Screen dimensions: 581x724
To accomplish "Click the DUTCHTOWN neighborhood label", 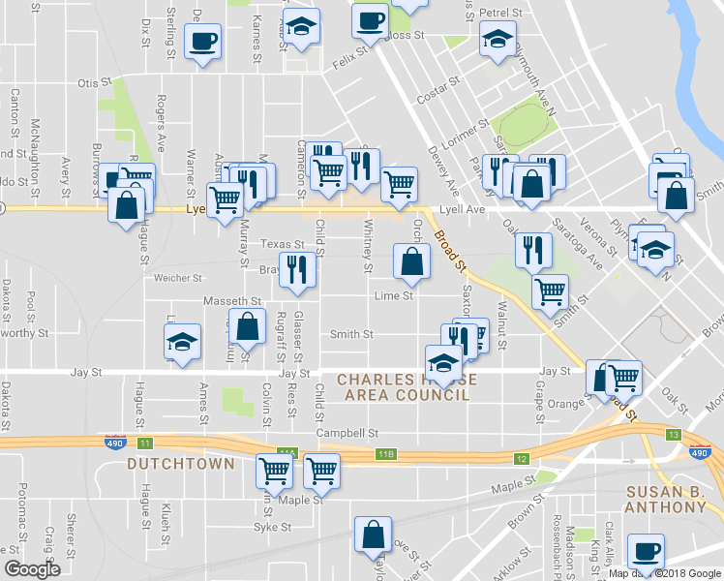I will [x=181, y=464].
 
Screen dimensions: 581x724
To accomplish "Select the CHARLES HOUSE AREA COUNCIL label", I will [x=404, y=387].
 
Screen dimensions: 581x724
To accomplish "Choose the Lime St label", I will [x=395, y=296].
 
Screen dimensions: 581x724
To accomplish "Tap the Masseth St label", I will [x=226, y=302].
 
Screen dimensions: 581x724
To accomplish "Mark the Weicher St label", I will [x=176, y=278].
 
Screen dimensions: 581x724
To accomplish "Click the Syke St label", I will [x=272, y=528].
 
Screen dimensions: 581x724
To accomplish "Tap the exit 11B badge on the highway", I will [x=387, y=453].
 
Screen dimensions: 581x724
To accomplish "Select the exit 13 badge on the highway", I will [x=673, y=435].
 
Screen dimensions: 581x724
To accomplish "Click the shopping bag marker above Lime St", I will [x=411, y=260].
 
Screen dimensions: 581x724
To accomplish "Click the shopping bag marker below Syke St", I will [x=373, y=535].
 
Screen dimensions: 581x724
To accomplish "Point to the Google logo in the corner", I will [x=33, y=569].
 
